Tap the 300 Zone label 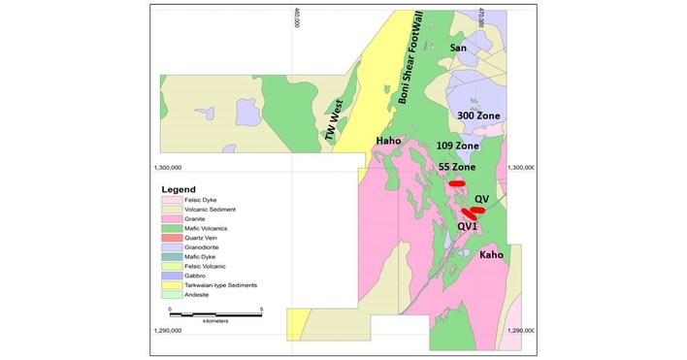478,115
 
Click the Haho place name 389,142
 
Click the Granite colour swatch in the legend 170,219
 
